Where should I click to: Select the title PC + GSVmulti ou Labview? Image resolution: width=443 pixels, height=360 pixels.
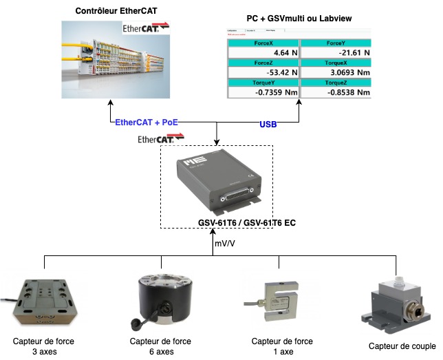pyautogui.click(x=299, y=17)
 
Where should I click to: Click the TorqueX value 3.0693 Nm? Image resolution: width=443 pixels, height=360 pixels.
pyautogui.click(x=346, y=72)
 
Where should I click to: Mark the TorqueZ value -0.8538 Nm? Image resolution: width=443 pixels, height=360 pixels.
pyautogui.click(x=346, y=92)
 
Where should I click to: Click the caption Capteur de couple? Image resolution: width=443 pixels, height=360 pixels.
pyautogui.click(x=402, y=346)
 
